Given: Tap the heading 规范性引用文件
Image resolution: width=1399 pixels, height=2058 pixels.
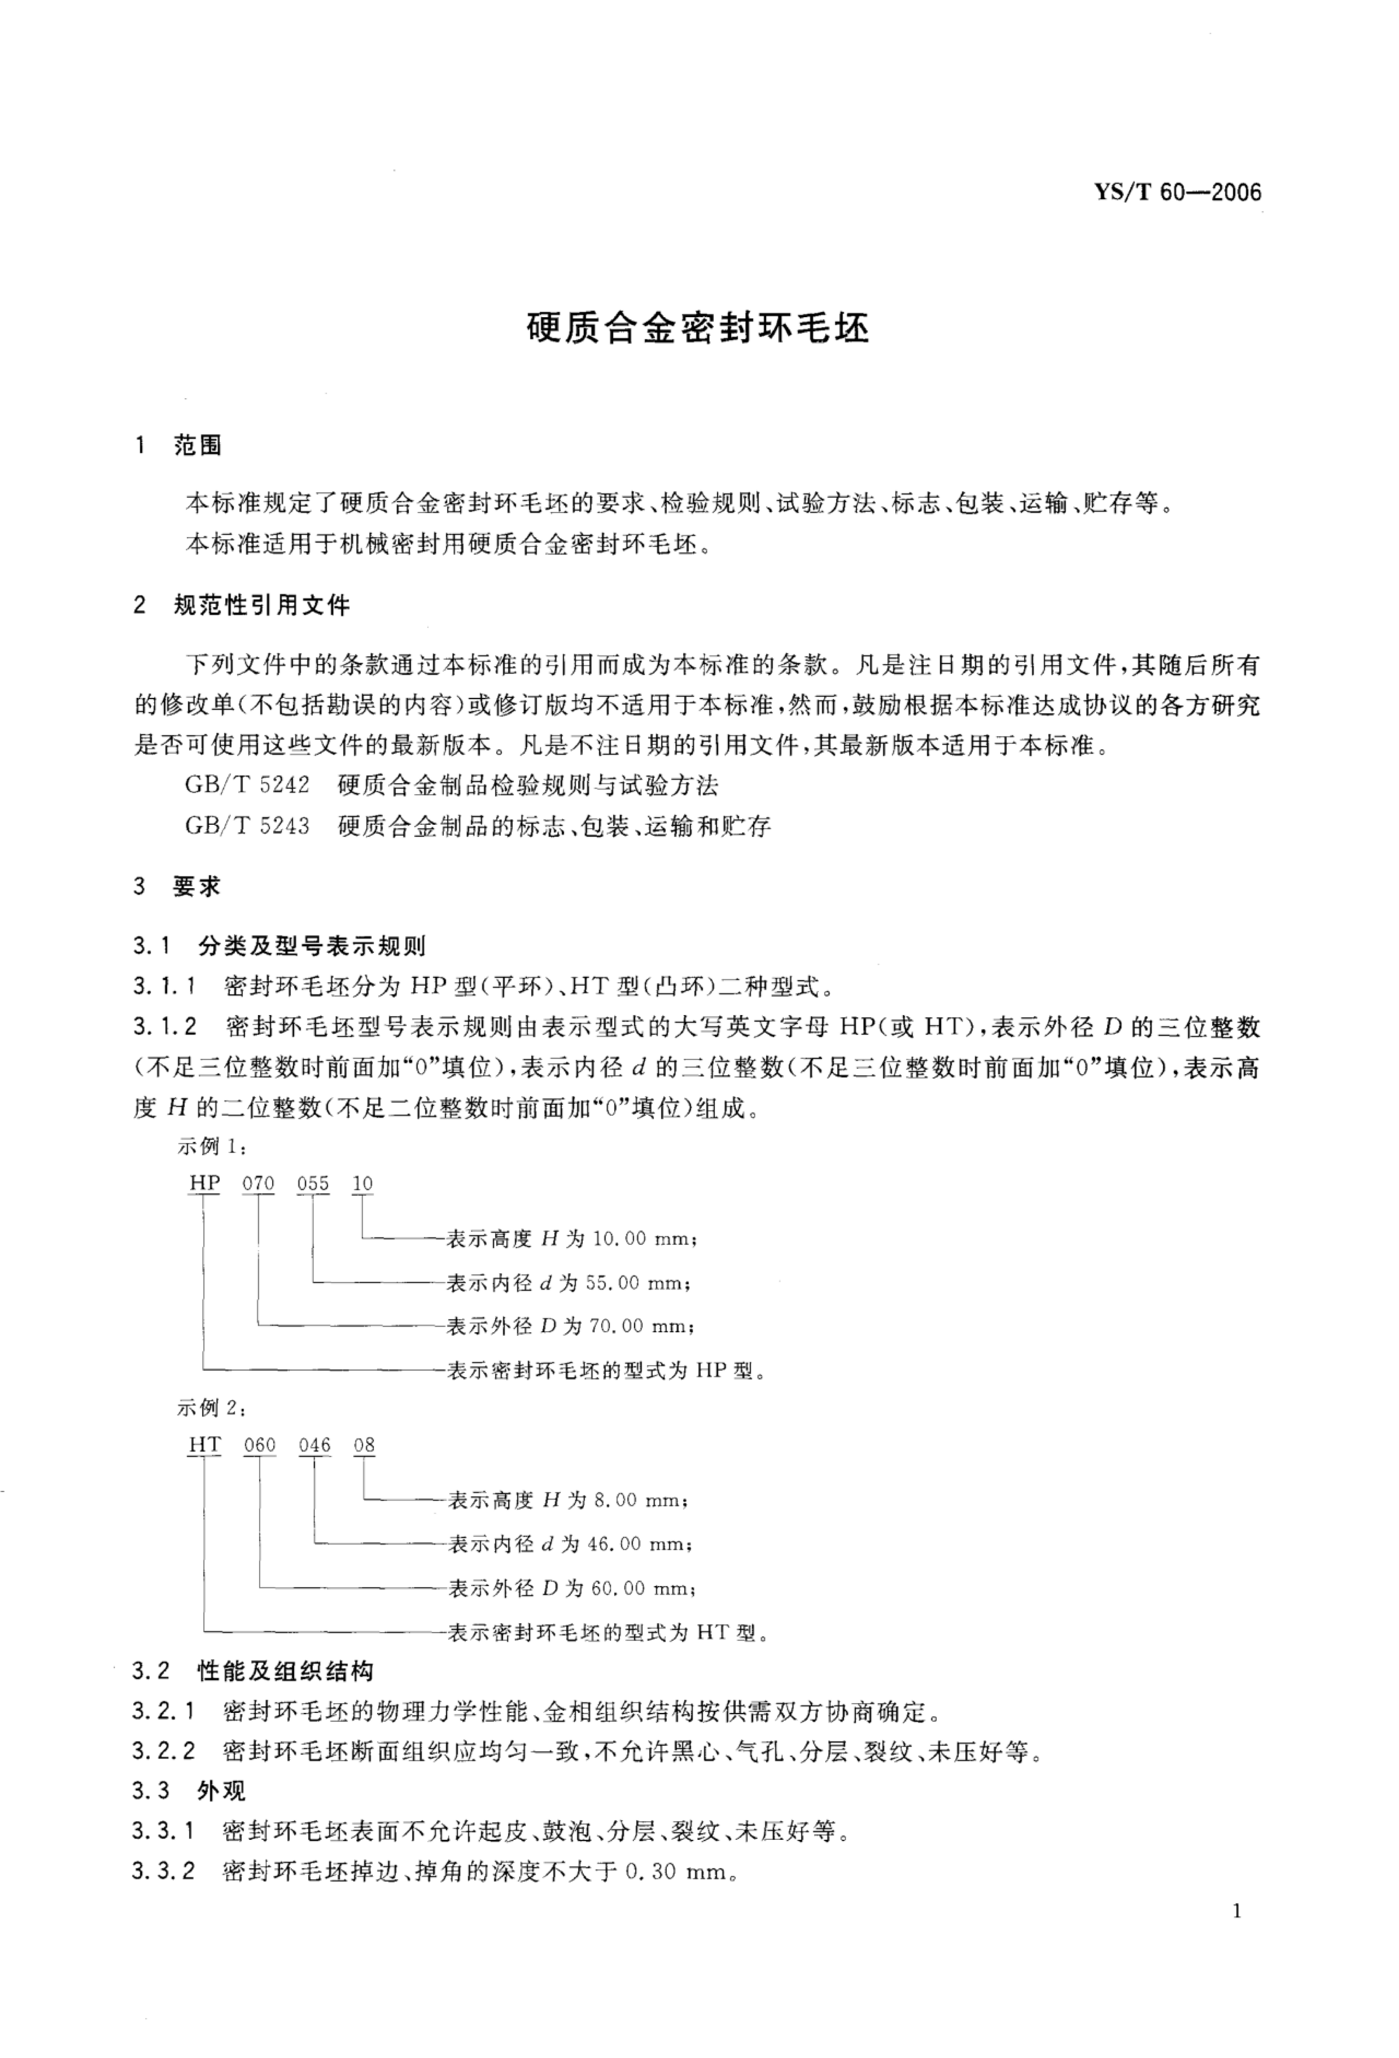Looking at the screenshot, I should [x=262, y=606].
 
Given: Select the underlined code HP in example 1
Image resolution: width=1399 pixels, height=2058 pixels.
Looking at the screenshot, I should [x=205, y=1184].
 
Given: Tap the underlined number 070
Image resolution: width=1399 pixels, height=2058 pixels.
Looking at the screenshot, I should [x=259, y=1184].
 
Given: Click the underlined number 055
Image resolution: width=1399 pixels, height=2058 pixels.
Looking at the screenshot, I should [x=313, y=1184].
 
